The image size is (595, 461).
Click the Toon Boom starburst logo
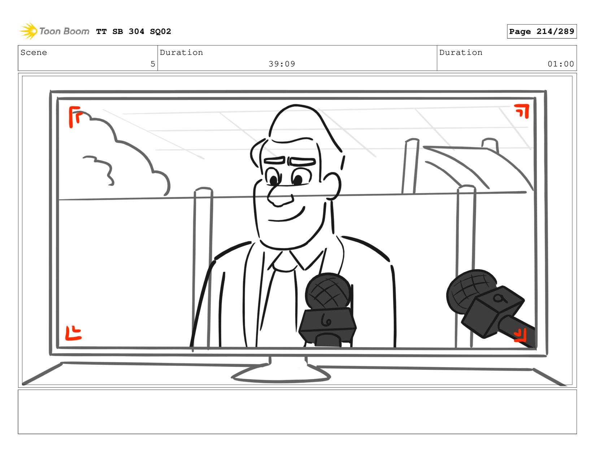click(x=29, y=31)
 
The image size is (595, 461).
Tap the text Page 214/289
click(x=541, y=31)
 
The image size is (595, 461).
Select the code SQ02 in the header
click(x=160, y=31)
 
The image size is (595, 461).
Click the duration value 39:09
click(x=282, y=64)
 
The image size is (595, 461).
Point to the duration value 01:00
click(x=560, y=64)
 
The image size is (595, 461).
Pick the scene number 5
click(x=153, y=64)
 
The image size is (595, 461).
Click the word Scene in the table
click(x=34, y=52)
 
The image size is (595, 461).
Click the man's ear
click(x=333, y=186)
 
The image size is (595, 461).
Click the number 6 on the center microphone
click(x=326, y=320)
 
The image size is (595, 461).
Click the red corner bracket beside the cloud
click(x=74, y=117)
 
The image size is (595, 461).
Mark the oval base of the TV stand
click(x=281, y=378)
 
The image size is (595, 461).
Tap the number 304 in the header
click(x=136, y=31)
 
